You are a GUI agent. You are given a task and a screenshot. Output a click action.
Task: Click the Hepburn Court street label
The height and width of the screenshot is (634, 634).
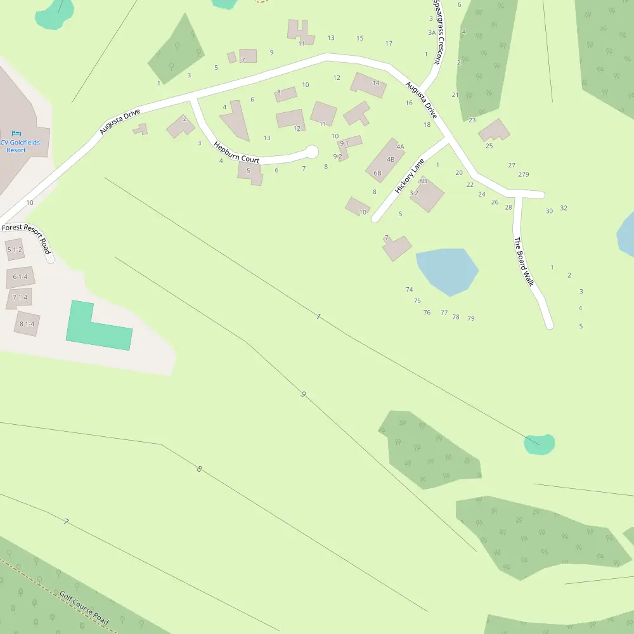pos(236,153)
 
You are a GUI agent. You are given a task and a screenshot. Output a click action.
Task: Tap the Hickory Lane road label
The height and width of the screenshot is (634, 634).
pos(409,176)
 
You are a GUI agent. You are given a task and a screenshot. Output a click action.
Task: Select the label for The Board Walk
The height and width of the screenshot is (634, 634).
pos(524,262)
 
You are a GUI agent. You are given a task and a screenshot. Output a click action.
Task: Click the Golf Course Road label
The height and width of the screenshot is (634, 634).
pos(84,608)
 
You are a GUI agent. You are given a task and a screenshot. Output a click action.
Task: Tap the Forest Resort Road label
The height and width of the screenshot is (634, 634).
pos(26,236)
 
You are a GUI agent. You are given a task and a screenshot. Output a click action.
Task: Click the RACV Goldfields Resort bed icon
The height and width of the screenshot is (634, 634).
pos(16,134)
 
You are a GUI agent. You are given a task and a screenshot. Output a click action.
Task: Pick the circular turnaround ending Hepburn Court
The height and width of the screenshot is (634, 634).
pos(311,152)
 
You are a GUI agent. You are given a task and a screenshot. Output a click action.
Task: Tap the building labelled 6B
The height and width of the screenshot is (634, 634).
pos(385,162)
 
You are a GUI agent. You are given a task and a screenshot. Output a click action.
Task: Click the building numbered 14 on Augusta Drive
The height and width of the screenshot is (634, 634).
pos(369,85)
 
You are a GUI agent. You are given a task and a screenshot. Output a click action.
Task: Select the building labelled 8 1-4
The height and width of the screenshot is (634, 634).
pos(27,323)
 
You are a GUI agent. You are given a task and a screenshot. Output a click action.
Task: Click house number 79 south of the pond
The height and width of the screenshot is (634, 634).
pos(471,318)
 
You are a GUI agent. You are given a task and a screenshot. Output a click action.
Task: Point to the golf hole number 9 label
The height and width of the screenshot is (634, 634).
pos(304,394)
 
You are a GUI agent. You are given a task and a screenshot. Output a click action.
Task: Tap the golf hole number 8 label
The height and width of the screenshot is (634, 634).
pos(199,469)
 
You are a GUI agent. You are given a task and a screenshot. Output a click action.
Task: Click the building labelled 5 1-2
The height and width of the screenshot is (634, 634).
pos(15,250)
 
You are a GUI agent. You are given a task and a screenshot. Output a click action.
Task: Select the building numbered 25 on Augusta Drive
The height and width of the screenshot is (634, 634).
pos(494,131)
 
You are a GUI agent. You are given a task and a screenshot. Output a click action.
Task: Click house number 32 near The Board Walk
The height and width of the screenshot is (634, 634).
pos(564,208)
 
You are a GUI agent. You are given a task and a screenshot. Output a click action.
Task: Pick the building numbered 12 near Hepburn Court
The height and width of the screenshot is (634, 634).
pos(290,119)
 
